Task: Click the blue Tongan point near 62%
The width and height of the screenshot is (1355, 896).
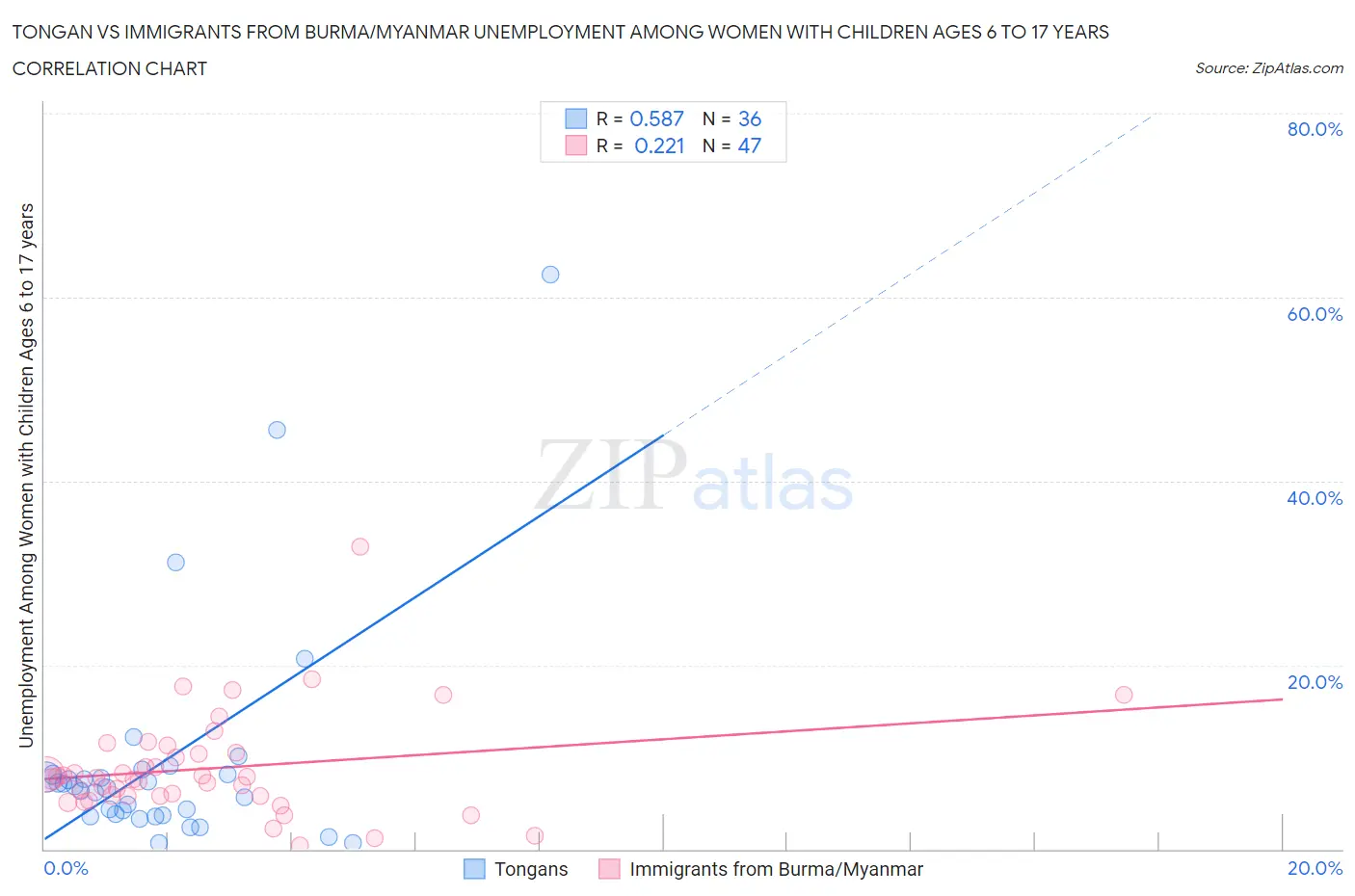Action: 550,275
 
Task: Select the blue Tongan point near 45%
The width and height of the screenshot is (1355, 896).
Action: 277,430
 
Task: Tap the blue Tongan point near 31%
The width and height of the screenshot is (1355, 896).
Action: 175,563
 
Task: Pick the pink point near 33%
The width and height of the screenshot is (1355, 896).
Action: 360,546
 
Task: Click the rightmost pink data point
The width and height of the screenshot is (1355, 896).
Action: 1124,695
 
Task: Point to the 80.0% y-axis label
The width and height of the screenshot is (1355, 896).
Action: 1315,129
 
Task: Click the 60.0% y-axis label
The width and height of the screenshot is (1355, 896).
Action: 1315,314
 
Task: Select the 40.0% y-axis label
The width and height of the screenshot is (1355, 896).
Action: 1315,498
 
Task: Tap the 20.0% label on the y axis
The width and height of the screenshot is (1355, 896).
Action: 1315,682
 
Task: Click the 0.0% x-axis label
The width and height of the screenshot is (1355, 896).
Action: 66,868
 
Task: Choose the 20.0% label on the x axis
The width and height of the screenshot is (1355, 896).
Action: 1315,868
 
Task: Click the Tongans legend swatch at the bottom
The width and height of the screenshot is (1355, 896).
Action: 474,869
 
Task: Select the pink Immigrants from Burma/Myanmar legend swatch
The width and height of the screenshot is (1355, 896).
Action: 609,869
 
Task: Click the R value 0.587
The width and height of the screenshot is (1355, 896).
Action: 656,119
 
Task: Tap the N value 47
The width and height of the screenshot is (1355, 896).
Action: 749,145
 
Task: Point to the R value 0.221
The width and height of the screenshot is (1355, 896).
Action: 659,145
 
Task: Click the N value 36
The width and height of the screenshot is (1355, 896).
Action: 749,119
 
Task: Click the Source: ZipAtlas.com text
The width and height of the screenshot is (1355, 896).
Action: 1268,67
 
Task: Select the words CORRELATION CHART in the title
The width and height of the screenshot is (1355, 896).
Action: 110,68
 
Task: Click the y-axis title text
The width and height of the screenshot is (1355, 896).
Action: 26,476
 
